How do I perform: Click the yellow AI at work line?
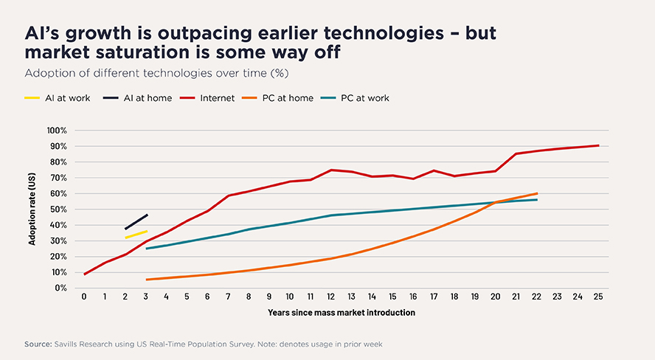point(136,235)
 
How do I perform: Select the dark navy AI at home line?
point(136,222)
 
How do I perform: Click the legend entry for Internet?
point(207,98)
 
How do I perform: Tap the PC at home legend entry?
point(277,98)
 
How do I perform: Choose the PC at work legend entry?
point(355,98)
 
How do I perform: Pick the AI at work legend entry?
point(58,98)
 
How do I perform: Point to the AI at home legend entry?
point(137,98)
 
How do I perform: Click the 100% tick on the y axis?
point(57,131)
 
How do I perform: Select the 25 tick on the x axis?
point(598,297)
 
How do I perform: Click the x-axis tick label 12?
point(331,297)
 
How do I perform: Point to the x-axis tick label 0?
point(84,297)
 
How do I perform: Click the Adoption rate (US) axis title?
point(32,209)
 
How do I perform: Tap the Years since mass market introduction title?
point(342,312)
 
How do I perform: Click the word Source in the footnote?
point(38,344)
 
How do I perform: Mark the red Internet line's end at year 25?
point(598,145)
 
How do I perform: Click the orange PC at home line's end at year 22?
point(537,193)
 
